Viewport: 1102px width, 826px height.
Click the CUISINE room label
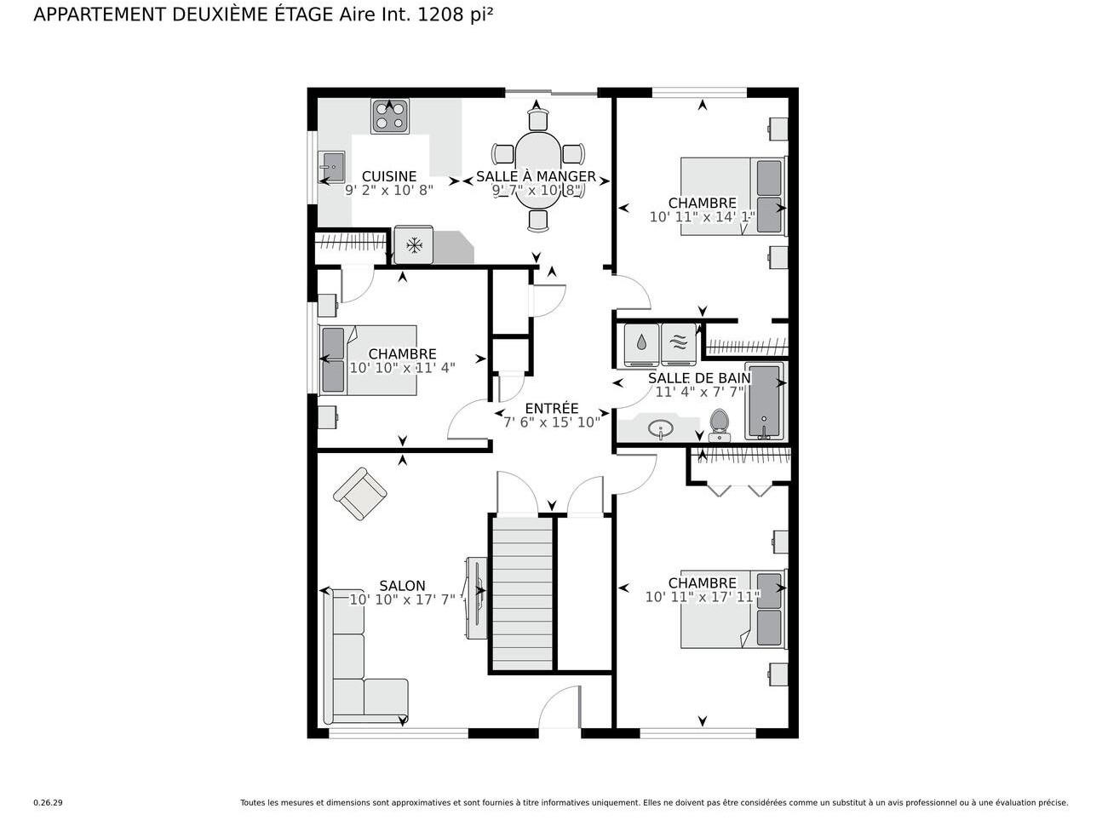coord(389,176)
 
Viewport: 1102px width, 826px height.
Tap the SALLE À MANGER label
coord(536,176)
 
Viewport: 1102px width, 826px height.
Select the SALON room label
coord(402,586)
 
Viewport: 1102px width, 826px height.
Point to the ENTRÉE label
coord(551,409)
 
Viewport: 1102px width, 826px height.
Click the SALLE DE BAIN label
coord(699,378)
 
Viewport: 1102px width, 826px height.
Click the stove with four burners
coord(390,116)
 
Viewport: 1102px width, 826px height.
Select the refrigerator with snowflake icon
coord(414,246)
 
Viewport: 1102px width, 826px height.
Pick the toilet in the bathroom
coord(720,424)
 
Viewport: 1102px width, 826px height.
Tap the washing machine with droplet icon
coord(641,343)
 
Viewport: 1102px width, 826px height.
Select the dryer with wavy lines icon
coord(679,343)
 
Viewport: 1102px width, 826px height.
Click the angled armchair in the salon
coord(359,493)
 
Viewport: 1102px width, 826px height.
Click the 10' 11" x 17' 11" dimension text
coord(702,597)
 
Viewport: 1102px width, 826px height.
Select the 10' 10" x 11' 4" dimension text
coord(402,368)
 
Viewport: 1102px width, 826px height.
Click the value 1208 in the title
coord(441,14)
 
